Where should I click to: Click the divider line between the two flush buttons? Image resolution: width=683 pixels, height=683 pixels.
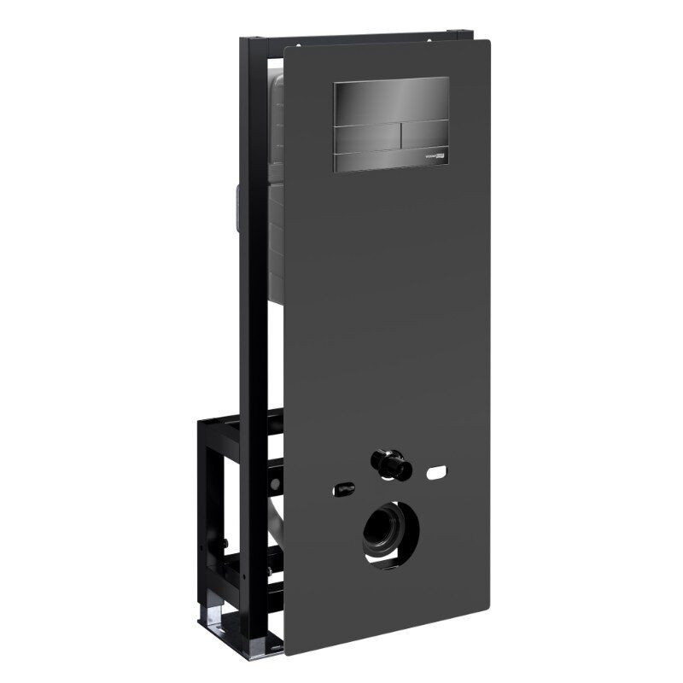point(397,137)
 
